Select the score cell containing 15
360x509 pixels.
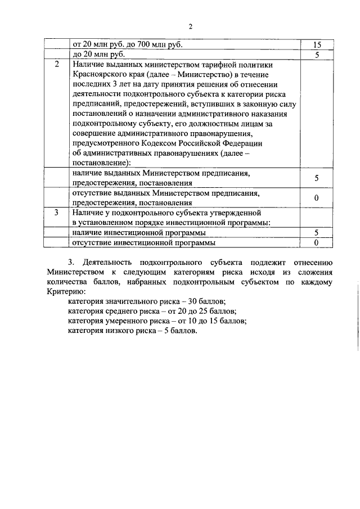[x=317, y=44]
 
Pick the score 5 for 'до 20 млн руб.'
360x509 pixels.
[x=317, y=55]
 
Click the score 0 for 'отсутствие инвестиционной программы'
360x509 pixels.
[x=317, y=242]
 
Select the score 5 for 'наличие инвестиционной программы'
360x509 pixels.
[x=317, y=232]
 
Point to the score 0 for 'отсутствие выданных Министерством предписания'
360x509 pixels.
[x=317, y=198]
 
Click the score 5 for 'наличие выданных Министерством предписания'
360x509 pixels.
[x=317, y=178]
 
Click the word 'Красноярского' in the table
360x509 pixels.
[x=100, y=75]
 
